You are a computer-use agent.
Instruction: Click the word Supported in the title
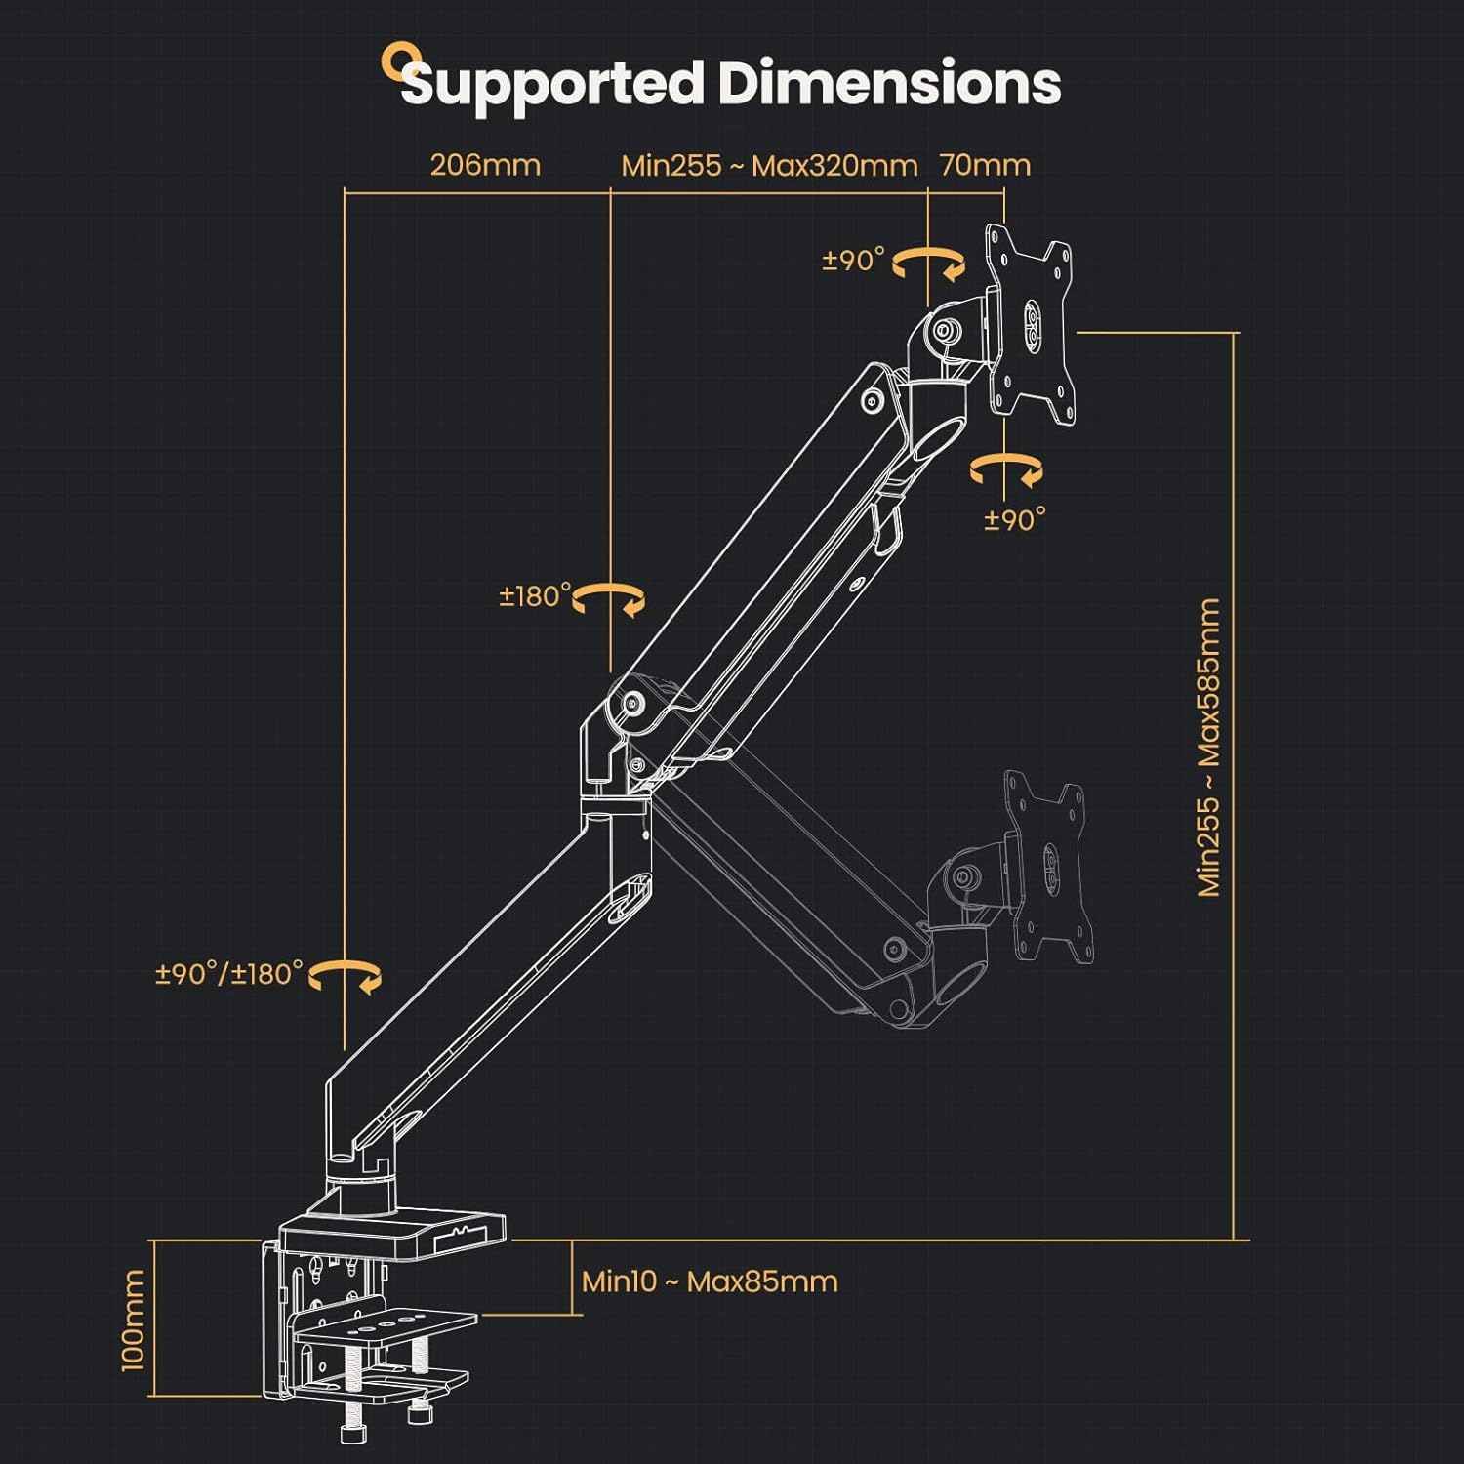(551, 84)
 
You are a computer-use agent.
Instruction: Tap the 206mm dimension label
(485, 164)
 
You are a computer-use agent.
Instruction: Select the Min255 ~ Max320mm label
(769, 165)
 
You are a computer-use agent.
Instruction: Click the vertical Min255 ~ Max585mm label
(1208, 747)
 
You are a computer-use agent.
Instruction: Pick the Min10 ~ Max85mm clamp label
(710, 1281)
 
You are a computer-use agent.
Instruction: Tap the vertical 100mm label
(133, 1319)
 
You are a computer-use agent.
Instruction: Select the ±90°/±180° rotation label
(229, 973)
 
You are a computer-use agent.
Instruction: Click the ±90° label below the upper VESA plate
(1014, 519)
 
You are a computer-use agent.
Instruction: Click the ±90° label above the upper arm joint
(853, 260)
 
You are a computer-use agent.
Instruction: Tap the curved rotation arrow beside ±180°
(609, 598)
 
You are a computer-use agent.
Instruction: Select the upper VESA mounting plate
(1031, 325)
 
